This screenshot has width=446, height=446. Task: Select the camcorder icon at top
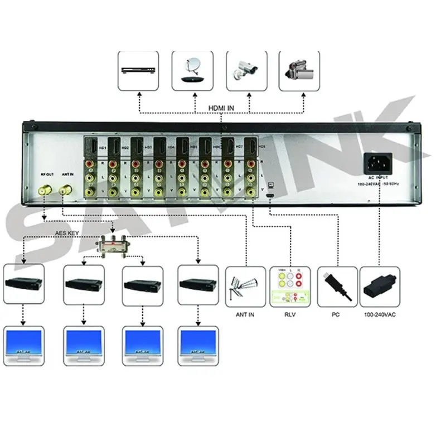[x=299, y=70]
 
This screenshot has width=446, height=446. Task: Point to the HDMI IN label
[x=221, y=109]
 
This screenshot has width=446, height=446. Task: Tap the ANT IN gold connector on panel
[x=65, y=190]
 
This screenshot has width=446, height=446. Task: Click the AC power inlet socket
[x=377, y=163]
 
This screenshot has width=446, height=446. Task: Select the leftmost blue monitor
[x=23, y=345]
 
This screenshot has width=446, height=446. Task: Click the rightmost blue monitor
[x=197, y=345]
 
